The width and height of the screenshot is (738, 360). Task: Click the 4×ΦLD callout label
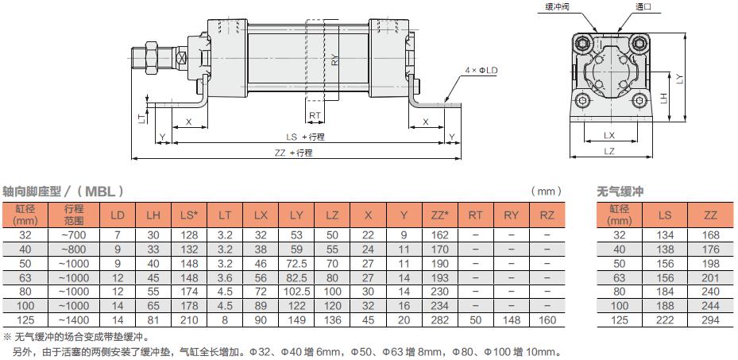tap(481, 70)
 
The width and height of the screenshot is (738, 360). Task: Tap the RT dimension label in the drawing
tap(315, 116)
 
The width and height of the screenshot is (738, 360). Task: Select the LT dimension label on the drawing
tap(141, 117)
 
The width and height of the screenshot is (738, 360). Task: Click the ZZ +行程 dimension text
tap(294, 153)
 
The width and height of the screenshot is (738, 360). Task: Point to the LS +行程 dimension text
tap(306, 137)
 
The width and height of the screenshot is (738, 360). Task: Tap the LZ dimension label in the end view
tap(609, 151)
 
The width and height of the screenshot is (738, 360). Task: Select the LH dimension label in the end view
tap(663, 98)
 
